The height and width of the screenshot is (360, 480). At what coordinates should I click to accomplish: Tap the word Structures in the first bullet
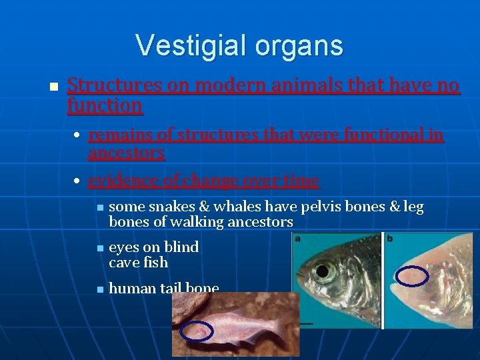click(x=114, y=85)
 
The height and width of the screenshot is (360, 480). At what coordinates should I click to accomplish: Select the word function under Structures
click(x=105, y=105)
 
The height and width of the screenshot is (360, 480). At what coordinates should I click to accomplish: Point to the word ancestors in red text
click(x=126, y=153)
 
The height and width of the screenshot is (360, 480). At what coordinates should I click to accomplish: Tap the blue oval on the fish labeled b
click(x=411, y=276)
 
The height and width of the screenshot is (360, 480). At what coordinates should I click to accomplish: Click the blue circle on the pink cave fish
click(x=198, y=331)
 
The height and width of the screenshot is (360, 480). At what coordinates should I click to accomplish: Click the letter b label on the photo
click(x=389, y=237)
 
